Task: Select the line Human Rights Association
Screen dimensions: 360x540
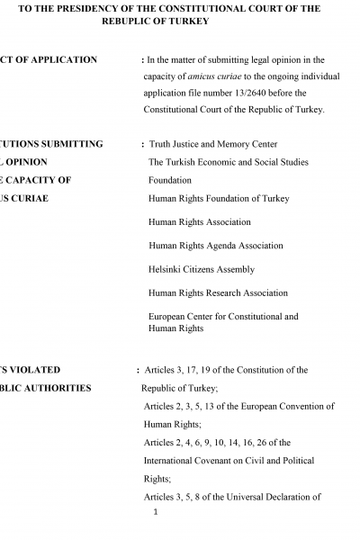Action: click(x=199, y=221)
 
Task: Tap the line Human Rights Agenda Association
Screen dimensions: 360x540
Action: click(x=216, y=245)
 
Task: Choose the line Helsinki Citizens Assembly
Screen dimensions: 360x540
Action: click(x=202, y=269)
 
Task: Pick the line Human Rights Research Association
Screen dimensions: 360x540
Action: click(x=219, y=292)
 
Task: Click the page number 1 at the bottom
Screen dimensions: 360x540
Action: click(x=156, y=513)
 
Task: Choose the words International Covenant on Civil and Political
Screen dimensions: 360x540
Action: click(x=229, y=461)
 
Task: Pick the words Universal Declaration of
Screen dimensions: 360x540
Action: click(x=262, y=497)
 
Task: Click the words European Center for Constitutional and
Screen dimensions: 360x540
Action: click(x=223, y=317)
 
